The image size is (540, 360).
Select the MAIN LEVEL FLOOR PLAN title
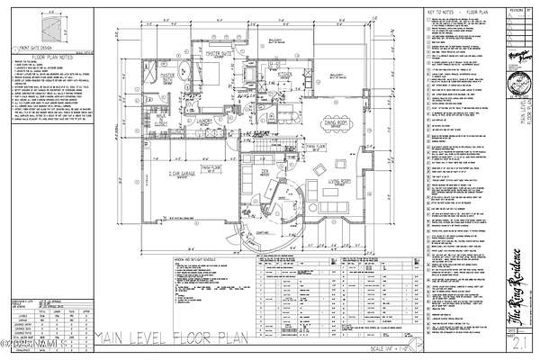click(169, 338)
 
